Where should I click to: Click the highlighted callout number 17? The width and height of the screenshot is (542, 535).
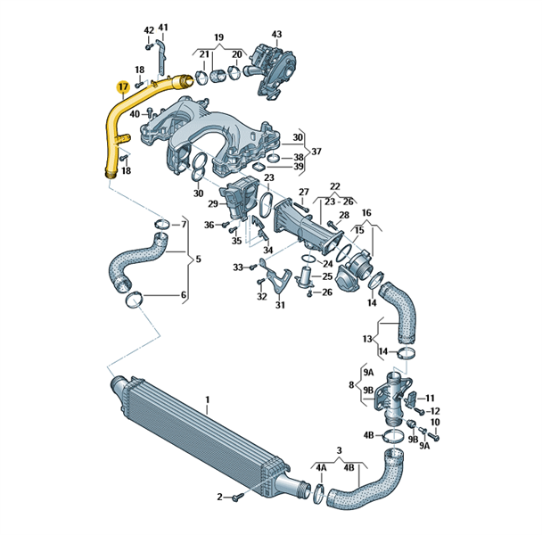coord(122,87)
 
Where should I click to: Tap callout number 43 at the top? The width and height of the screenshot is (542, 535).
coord(276,34)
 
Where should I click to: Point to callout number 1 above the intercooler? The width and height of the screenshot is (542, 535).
coord(207,401)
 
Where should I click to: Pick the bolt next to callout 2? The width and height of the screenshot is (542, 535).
coord(236,497)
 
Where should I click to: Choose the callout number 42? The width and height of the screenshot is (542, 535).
coord(149,30)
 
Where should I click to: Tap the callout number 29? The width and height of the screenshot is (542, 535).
coord(214,204)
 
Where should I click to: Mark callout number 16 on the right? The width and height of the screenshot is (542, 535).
coord(366,213)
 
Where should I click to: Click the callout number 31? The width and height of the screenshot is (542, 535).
coord(280,306)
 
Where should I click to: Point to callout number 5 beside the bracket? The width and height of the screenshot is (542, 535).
coord(199,259)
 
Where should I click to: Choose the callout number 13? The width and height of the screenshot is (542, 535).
coord(367,339)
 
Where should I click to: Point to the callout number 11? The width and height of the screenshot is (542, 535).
coord(430,398)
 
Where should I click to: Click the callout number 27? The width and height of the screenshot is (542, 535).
coord(304,193)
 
